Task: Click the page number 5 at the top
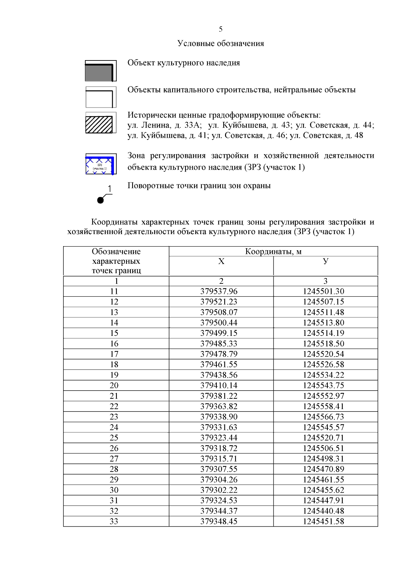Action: (x=221, y=29)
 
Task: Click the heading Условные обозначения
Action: (x=221, y=43)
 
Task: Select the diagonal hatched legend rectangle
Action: (x=99, y=124)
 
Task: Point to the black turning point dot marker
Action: (x=100, y=200)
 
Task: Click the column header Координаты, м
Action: (x=273, y=252)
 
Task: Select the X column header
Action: (x=221, y=261)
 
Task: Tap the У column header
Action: (x=325, y=261)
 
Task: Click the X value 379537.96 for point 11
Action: (x=219, y=291)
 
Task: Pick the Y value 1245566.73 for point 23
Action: (x=323, y=417)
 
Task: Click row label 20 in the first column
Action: (x=114, y=385)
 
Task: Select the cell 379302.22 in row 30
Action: (x=219, y=490)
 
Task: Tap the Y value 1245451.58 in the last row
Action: (x=323, y=521)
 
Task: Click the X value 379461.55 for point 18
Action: (x=219, y=364)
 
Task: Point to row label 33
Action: (x=114, y=521)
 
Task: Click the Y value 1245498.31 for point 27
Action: (x=323, y=458)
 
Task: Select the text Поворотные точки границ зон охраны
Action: (x=199, y=186)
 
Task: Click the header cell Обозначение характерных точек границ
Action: (x=116, y=261)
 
